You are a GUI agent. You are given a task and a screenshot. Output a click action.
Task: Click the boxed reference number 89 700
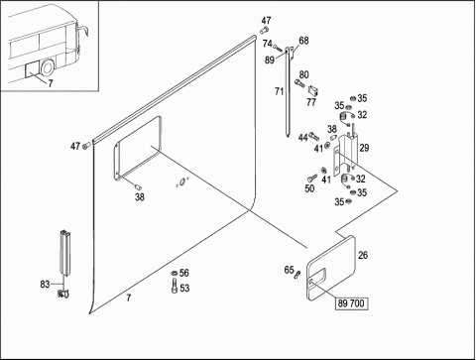point(351,303)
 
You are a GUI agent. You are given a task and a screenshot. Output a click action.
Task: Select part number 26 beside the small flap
point(363,255)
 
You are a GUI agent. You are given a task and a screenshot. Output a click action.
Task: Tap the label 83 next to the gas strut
point(45,284)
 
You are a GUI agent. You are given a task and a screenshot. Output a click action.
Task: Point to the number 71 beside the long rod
point(280,91)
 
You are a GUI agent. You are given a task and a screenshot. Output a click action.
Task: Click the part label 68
point(303,41)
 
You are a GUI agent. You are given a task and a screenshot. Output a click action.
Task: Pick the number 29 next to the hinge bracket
point(364,148)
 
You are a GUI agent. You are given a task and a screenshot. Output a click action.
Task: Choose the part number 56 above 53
point(184,273)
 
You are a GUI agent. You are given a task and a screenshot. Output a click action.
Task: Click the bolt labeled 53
point(175,286)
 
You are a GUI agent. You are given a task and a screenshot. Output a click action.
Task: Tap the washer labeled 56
point(174,273)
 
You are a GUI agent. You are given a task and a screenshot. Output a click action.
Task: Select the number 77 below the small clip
point(311,102)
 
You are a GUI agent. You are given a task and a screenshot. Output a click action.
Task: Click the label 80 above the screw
point(303,74)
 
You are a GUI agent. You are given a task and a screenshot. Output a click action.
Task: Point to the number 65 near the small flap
point(289,270)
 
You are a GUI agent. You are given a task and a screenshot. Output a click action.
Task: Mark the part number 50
point(309,188)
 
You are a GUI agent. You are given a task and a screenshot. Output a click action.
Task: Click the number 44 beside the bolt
point(302,138)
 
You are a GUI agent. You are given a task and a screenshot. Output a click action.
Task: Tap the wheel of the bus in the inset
point(47,68)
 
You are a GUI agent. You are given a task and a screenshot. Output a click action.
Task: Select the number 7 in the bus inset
point(51,83)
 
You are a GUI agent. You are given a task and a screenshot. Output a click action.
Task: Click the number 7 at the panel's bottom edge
point(128,299)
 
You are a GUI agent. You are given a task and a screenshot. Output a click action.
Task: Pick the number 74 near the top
point(268,44)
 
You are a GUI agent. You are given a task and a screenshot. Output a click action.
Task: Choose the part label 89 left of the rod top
point(270,60)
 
